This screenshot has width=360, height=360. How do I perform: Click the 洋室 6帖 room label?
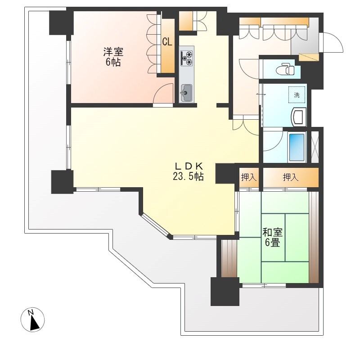(x=113, y=57)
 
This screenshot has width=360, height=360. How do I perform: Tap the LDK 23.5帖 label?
(x=188, y=171)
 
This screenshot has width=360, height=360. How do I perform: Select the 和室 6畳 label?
(x=273, y=238)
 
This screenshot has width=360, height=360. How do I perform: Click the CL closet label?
(x=167, y=42)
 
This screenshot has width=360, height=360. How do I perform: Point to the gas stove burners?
(x=187, y=58)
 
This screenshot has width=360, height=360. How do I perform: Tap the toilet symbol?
(x=286, y=69)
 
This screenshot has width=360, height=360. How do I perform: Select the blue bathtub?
(x=297, y=148)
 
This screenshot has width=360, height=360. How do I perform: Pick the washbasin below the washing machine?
(x=298, y=117)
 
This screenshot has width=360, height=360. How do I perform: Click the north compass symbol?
(x=32, y=319)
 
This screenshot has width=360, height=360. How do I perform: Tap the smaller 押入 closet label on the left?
(x=249, y=177)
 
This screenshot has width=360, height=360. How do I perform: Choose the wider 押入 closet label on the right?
(x=291, y=177)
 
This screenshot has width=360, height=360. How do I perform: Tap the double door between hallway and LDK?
(x=246, y=127)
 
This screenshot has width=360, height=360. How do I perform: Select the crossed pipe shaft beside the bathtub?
(x=315, y=147)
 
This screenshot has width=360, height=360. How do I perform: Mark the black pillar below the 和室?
(x=225, y=291)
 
